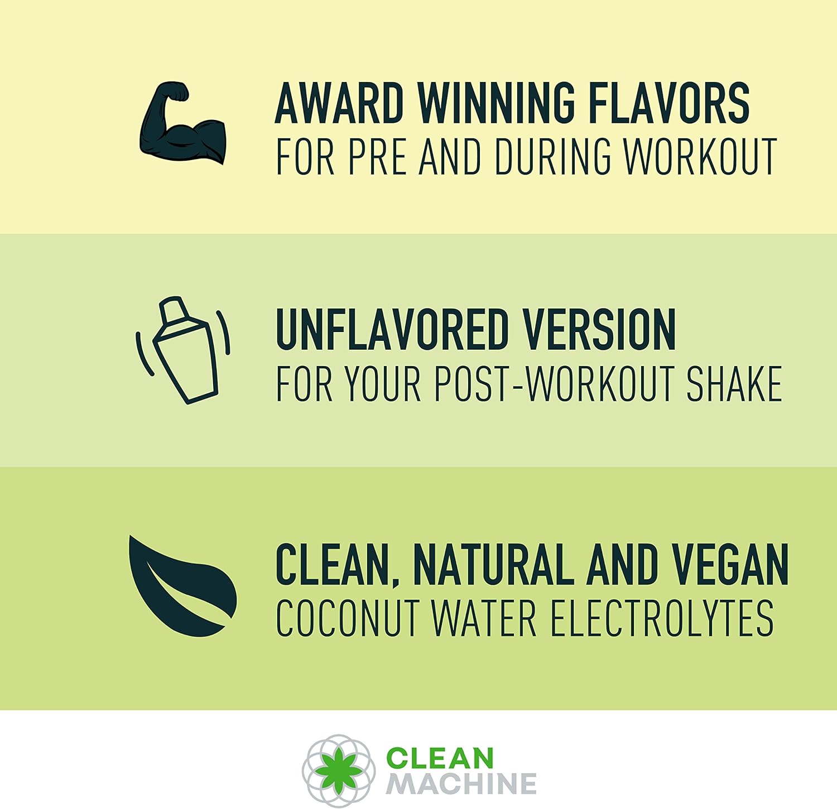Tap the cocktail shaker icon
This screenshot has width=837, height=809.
pyautogui.click(x=183, y=350)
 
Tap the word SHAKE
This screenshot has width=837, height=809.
pyautogui.click(x=734, y=384)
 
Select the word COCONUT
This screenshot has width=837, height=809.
pyautogui.click(x=347, y=618)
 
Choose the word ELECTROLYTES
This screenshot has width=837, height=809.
pyautogui.click(x=662, y=618)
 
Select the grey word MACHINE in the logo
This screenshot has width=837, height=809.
pyautogui.click(x=461, y=784)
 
